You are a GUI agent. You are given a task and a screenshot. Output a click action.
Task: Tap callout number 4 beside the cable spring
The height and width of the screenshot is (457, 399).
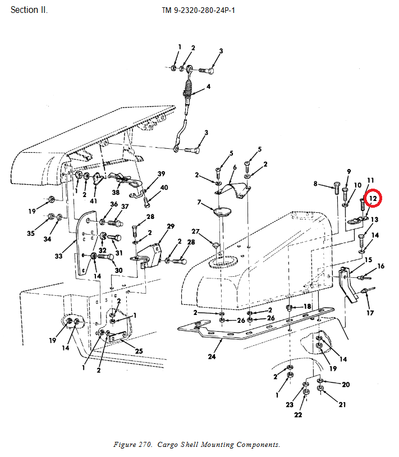(208, 87)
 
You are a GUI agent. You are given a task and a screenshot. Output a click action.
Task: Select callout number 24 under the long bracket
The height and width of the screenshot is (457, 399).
(212, 356)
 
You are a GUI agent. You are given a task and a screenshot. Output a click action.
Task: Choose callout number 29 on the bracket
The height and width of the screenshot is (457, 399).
(171, 226)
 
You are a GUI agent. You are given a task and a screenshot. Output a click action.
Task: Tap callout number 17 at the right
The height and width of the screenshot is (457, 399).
(370, 313)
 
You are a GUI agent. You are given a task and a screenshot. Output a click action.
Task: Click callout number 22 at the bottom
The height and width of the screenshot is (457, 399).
(299, 415)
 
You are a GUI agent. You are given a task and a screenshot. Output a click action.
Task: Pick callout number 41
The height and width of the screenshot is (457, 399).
(94, 200)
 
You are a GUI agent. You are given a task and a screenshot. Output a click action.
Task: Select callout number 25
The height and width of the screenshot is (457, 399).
(139, 351)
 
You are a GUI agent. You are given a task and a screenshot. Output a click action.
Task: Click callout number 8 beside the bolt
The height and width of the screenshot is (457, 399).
(315, 184)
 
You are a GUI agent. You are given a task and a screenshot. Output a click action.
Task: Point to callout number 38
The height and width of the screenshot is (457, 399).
(116, 193)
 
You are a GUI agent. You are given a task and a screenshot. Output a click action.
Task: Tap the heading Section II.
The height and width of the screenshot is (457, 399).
(29, 10)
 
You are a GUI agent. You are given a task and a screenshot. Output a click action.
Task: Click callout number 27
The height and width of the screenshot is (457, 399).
(195, 232)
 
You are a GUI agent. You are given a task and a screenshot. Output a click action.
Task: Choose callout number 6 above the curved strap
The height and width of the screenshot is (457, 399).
(234, 167)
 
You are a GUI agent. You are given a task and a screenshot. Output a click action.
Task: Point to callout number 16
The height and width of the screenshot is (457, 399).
(380, 266)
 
